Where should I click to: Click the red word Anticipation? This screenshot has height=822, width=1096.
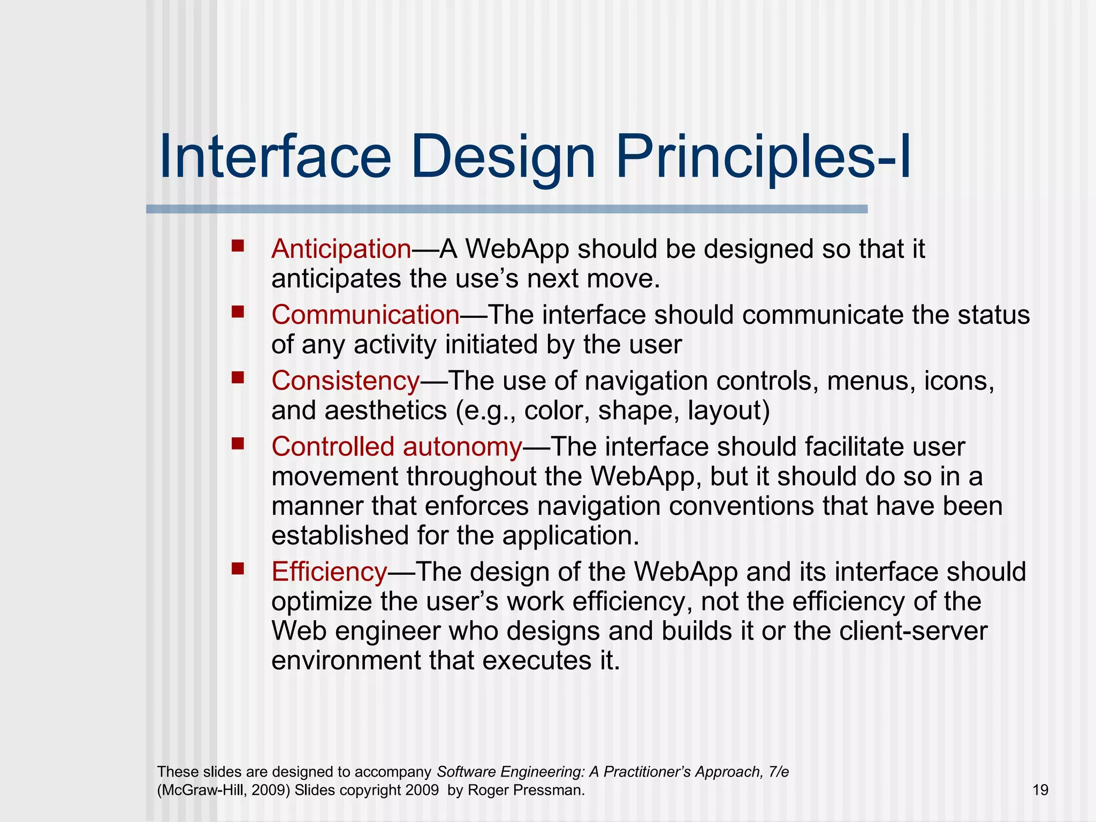click(x=341, y=249)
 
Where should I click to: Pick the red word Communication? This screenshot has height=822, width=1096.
click(x=365, y=315)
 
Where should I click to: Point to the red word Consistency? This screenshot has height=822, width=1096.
click(x=345, y=380)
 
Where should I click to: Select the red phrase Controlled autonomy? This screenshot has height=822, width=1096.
click(x=396, y=446)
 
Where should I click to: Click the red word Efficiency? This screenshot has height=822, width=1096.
click(x=329, y=572)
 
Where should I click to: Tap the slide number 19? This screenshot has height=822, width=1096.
click(x=1040, y=790)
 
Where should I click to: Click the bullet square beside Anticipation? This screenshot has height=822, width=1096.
click(x=238, y=246)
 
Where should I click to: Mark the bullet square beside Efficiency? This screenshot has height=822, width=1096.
click(x=238, y=568)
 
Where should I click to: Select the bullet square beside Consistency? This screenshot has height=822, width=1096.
click(x=238, y=378)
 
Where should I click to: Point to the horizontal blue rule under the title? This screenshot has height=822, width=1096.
click(x=506, y=209)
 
